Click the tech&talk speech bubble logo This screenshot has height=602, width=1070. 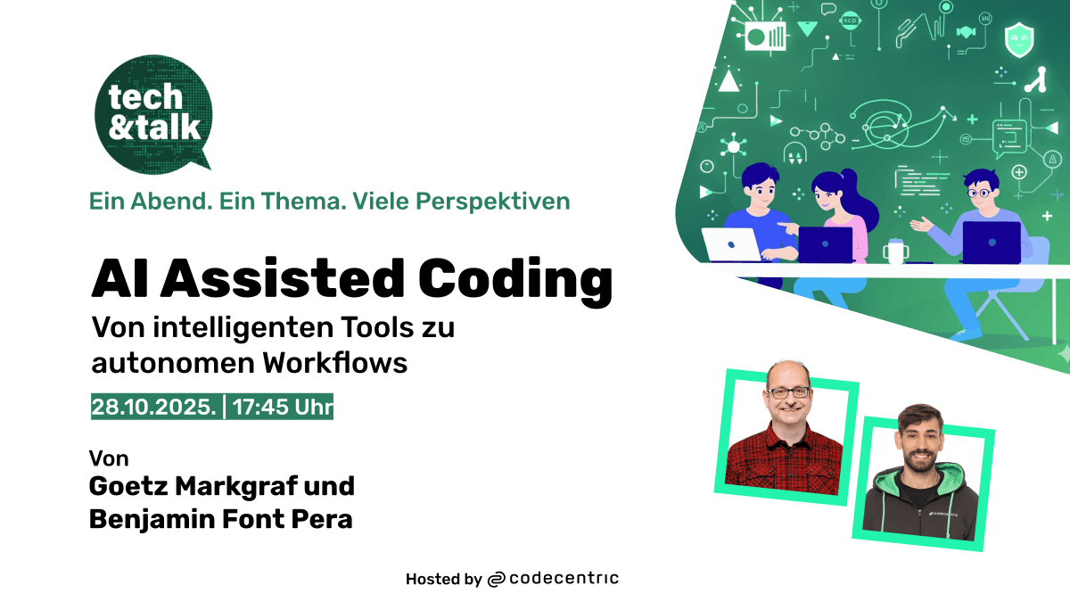(x=152, y=114)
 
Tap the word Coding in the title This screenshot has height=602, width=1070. (x=515, y=280)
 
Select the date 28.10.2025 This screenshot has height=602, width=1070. (x=153, y=407)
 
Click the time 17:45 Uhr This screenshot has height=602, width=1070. (x=283, y=407)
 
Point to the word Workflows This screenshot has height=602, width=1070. (x=335, y=363)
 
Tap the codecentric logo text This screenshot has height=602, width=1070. (x=564, y=579)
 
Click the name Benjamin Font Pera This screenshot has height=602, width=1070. (x=221, y=520)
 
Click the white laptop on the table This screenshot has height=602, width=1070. (x=731, y=244)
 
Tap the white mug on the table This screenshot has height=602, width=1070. (x=895, y=252)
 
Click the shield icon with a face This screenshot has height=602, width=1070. (x=1019, y=39)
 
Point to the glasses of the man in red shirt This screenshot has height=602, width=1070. (x=788, y=393)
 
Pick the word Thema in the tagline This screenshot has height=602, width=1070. (x=304, y=202)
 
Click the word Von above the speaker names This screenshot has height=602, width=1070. (x=109, y=458)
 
